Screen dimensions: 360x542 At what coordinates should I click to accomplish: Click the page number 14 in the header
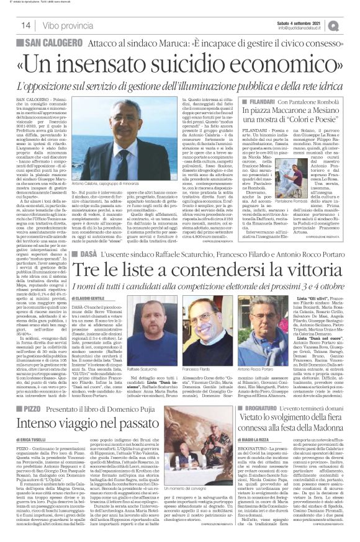point(25,25)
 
